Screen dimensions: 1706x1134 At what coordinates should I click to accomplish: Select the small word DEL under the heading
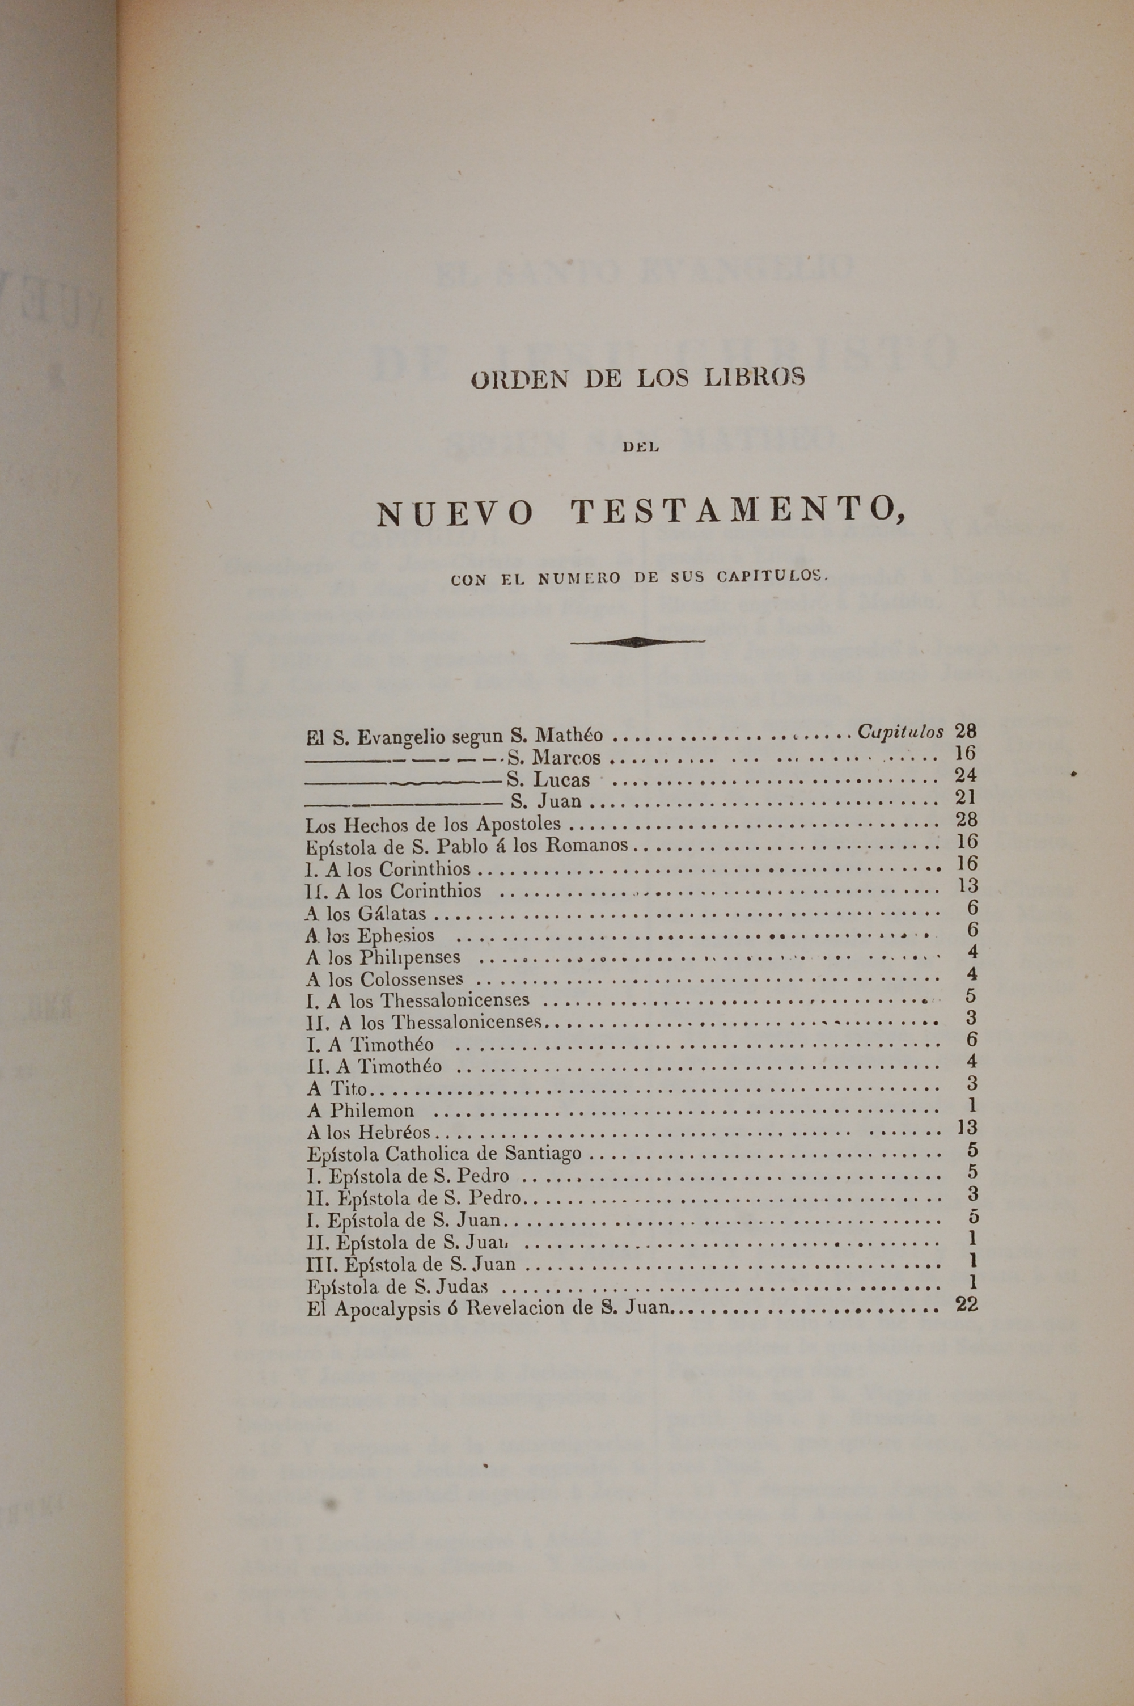point(640,447)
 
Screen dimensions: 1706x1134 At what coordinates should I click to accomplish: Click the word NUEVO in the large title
point(456,514)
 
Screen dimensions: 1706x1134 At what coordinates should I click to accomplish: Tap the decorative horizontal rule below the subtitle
point(637,641)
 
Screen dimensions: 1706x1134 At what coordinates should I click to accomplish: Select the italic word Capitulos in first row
point(900,732)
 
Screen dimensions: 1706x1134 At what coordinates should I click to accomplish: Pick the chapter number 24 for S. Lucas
point(966,775)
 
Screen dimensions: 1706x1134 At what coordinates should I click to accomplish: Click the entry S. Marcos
point(554,758)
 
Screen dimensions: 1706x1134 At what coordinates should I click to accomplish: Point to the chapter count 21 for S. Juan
point(966,797)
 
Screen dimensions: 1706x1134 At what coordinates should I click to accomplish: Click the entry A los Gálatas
point(366,913)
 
